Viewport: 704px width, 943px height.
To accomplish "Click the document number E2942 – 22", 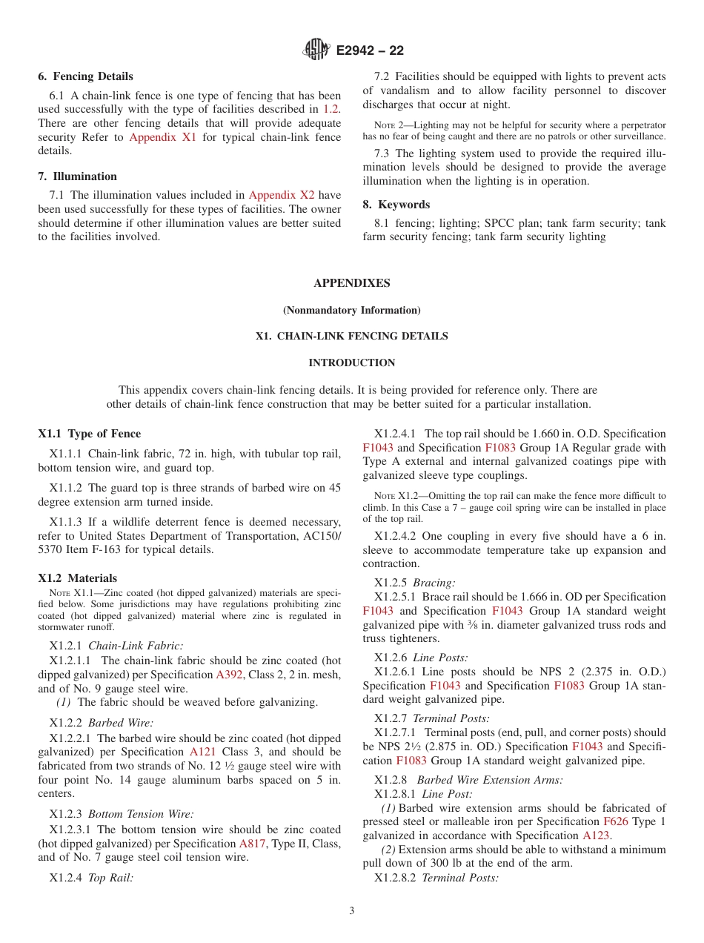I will click(x=369, y=51).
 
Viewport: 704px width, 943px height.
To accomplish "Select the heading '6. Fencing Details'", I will click(x=85, y=76).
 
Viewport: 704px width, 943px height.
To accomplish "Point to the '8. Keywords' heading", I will click(x=396, y=205).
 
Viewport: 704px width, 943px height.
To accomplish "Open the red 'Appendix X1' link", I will click(x=162, y=137).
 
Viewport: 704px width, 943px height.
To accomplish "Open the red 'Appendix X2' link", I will click(x=281, y=195).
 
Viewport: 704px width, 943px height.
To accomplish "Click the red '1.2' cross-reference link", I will click(x=331, y=109).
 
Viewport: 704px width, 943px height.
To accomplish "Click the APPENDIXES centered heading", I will click(x=351, y=283).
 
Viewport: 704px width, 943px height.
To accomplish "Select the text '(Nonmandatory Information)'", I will click(x=351, y=310).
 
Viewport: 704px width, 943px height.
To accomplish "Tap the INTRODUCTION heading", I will click(x=351, y=363).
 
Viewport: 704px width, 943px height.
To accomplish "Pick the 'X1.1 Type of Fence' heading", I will click(x=89, y=434).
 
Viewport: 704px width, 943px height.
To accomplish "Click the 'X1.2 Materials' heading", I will click(x=77, y=578).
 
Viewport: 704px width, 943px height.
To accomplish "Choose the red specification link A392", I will click(x=229, y=675).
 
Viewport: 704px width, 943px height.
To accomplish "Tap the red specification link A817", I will click(x=252, y=844).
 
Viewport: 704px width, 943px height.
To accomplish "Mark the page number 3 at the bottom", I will click(x=351, y=911).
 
